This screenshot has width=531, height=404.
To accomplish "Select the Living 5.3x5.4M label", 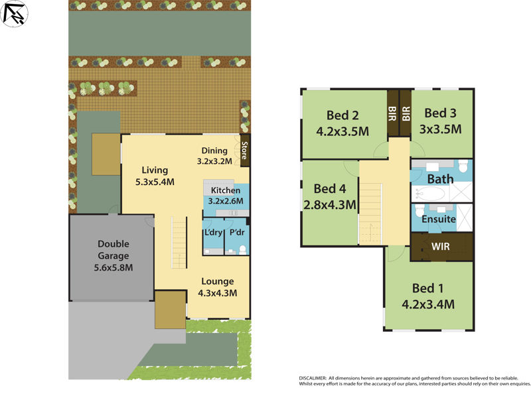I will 154,175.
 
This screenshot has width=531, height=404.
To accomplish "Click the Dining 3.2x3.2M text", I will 214,155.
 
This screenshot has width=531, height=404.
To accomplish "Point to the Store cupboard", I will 244,152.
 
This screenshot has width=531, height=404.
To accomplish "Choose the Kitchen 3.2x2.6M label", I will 226,196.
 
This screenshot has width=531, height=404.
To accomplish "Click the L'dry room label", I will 212,233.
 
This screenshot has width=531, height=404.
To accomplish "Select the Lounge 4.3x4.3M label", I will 218,287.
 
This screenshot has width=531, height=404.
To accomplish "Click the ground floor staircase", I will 179,245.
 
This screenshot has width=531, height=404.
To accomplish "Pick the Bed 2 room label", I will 342,121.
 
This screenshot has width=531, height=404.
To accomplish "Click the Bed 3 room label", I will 442,121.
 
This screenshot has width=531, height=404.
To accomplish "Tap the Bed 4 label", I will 330,196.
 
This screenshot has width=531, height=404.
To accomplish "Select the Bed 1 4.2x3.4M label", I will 428,297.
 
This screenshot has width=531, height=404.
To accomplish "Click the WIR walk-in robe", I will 441,247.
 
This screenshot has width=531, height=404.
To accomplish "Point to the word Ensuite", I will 439,219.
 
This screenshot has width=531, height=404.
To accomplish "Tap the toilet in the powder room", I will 243,250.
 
